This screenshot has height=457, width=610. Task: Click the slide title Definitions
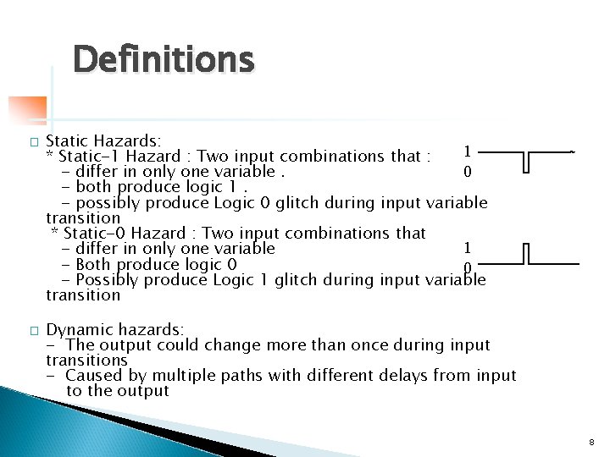[163, 60]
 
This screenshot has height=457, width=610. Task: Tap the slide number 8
[591, 442]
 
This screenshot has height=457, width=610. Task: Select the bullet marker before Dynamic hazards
[33, 330]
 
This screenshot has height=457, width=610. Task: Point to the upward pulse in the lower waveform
[526, 254]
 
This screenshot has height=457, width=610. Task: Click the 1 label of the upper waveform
[467, 151]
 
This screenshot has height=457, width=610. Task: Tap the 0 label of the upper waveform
[467, 172]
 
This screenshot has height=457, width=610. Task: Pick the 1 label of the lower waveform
[467, 247]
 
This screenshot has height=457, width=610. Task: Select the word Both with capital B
[92, 264]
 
